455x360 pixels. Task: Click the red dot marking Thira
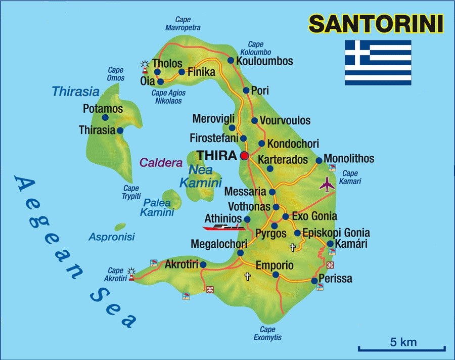pos(245,155)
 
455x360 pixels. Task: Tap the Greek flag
pos(378,63)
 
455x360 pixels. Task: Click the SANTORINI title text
pos(376,23)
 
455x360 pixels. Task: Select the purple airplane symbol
pos(328,185)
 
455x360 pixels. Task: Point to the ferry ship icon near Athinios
pos(224,227)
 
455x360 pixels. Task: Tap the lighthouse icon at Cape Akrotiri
pos(132,274)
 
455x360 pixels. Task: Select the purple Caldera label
pos(160,163)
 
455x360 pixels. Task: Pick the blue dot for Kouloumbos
pos(231,61)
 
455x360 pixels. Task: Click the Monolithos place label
pos(349,159)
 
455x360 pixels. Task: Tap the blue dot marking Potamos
pos(105,117)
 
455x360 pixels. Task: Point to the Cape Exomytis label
pos(267,334)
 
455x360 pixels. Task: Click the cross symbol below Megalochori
pos(247,276)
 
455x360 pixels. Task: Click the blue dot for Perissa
pos(314,281)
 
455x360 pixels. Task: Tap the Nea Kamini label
pos(201,177)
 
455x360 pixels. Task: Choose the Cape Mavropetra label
pos(183,24)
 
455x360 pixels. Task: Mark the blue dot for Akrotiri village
pos(203,264)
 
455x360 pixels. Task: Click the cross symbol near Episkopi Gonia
pos(292,247)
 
